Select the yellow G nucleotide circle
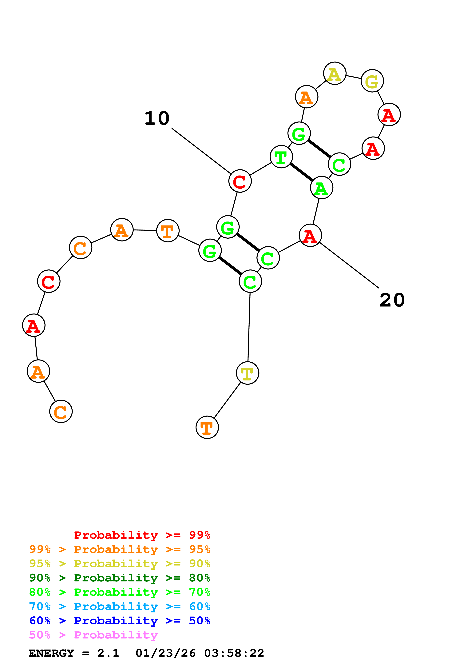click(372, 81)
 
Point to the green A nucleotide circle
click(321, 188)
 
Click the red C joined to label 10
click(240, 181)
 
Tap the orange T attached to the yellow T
click(207, 427)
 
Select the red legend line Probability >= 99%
click(142, 535)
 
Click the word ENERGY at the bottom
click(51, 653)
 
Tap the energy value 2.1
click(108, 653)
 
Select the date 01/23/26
click(165, 653)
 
